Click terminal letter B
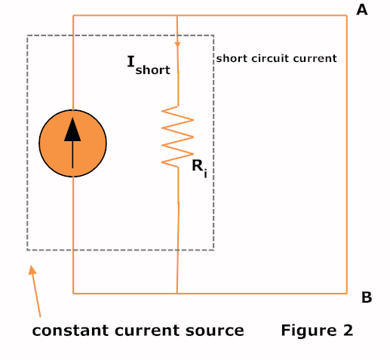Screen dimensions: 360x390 tap(367, 297)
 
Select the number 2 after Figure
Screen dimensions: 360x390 tap(348, 330)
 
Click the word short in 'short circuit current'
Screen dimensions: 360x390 tap(232, 57)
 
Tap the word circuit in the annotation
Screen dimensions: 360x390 tap(270, 57)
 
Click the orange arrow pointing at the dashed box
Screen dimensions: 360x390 tap(35, 291)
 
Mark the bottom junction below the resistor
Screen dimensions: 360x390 tap(177, 292)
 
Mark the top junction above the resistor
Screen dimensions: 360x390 tap(177, 15)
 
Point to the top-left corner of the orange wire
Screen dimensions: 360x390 tap(73, 15)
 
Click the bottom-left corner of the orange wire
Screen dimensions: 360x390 tap(73, 292)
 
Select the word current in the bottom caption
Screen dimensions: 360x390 tap(159, 331)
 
